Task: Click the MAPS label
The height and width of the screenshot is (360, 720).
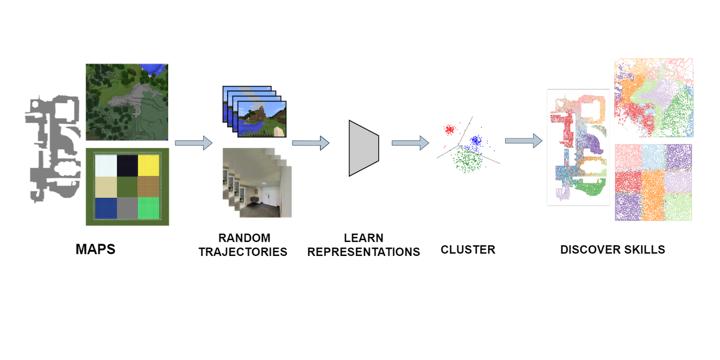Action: pyautogui.click(x=95, y=250)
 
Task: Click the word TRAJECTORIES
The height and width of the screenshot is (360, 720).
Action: pyautogui.click(x=243, y=252)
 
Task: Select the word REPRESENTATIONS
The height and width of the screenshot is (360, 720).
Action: pyautogui.click(x=363, y=252)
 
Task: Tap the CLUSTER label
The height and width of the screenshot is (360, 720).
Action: pyautogui.click(x=468, y=250)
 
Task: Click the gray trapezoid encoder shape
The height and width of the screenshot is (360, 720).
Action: pyautogui.click(x=363, y=148)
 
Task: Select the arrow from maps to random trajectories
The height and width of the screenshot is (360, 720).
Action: pyautogui.click(x=193, y=143)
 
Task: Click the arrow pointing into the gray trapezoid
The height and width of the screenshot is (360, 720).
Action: pyautogui.click(x=310, y=143)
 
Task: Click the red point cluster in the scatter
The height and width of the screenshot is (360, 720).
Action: pyautogui.click(x=449, y=130)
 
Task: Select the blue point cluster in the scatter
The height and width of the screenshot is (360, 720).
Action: pyautogui.click(x=476, y=140)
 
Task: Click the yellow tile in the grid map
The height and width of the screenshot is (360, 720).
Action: pyautogui.click(x=148, y=165)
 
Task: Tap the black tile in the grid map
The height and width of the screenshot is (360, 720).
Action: pyautogui.click(x=127, y=165)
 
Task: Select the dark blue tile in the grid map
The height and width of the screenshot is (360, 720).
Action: pyautogui.click(x=106, y=208)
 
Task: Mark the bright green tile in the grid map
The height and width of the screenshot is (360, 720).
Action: pyautogui.click(x=148, y=208)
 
